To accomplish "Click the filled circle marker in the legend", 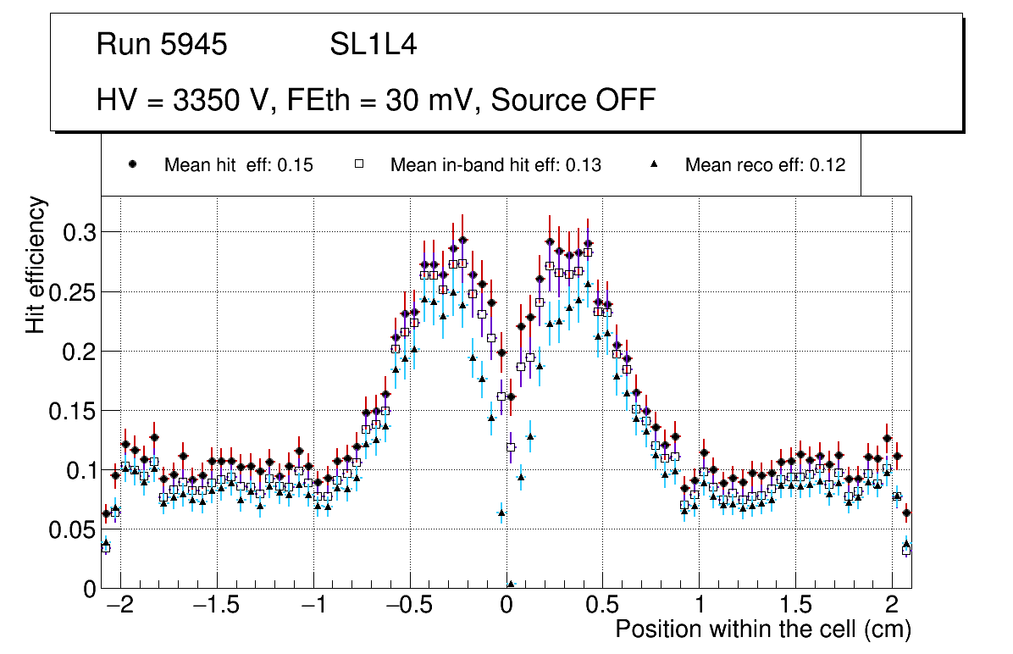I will [x=132, y=164].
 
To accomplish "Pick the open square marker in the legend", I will [x=358, y=164].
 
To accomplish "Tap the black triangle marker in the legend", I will [x=654, y=164].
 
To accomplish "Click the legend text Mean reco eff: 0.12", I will [x=765, y=165].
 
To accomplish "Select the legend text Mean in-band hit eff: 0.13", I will [x=495, y=165].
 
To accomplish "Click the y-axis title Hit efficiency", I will [x=36, y=264].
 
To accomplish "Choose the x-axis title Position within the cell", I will [x=762, y=629].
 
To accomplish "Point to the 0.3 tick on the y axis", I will [x=78, y=232].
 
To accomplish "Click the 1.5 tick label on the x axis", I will [x=795, y=606].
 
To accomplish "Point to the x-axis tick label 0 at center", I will [x=506, y=606].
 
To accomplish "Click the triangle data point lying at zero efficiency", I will [x=511, y=585].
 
